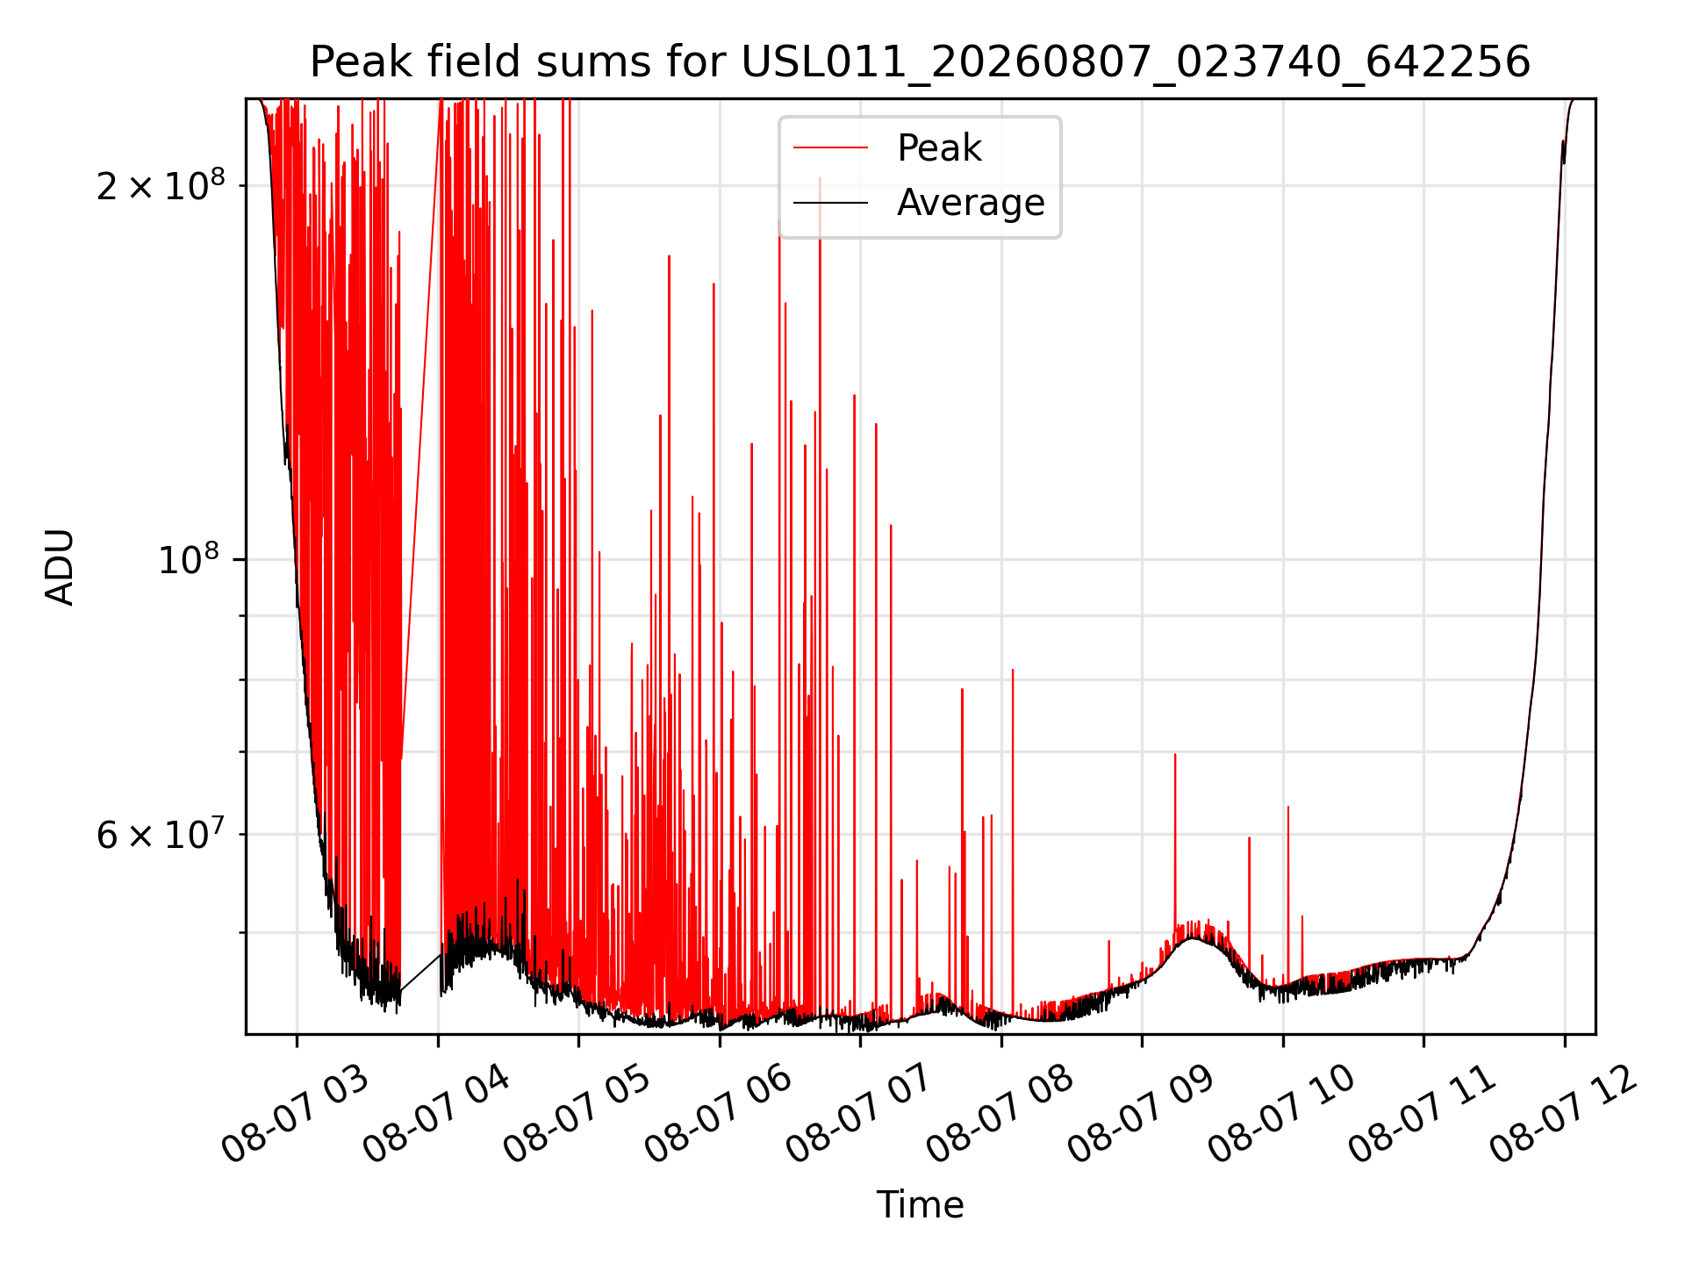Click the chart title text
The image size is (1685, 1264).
click(920, 62)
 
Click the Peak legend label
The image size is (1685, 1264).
click(939, 148)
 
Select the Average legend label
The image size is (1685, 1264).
click(971, 203)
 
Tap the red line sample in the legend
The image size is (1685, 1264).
click(830, 148)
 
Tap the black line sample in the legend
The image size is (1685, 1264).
click(830, 204)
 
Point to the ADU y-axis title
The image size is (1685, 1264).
click(60, 567)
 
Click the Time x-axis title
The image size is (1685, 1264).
click(920, 1205)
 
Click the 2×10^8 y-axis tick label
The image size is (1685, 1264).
click(161, 184)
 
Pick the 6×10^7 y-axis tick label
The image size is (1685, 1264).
click(161, 833)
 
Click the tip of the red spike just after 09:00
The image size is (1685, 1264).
click(1175, 754)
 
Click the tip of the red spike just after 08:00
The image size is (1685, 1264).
click(1013, 670)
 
